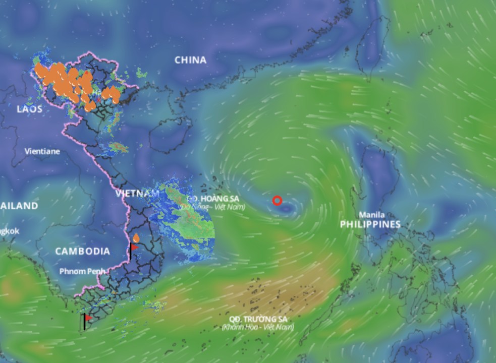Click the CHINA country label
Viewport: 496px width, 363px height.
(190, 60)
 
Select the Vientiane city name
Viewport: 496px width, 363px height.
(42, 151)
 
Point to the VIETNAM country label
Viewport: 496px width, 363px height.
(137, 194)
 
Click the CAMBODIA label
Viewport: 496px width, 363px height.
(82, 251)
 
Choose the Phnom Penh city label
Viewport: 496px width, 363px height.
(82, 271)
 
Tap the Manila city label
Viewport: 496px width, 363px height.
(372, 215)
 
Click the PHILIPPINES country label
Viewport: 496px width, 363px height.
(370, 224)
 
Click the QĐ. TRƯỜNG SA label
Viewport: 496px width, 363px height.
(259, 319)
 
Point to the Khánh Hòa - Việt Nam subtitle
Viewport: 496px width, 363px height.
(258, 327)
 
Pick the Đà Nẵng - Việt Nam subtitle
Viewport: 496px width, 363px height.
(212, 207)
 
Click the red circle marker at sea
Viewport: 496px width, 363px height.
(277, 201)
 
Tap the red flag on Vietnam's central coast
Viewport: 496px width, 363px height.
(134, 248)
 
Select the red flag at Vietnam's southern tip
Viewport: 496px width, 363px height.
(88, 318)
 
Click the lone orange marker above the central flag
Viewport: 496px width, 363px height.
(136, 237)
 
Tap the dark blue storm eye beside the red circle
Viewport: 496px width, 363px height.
(287, 208)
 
